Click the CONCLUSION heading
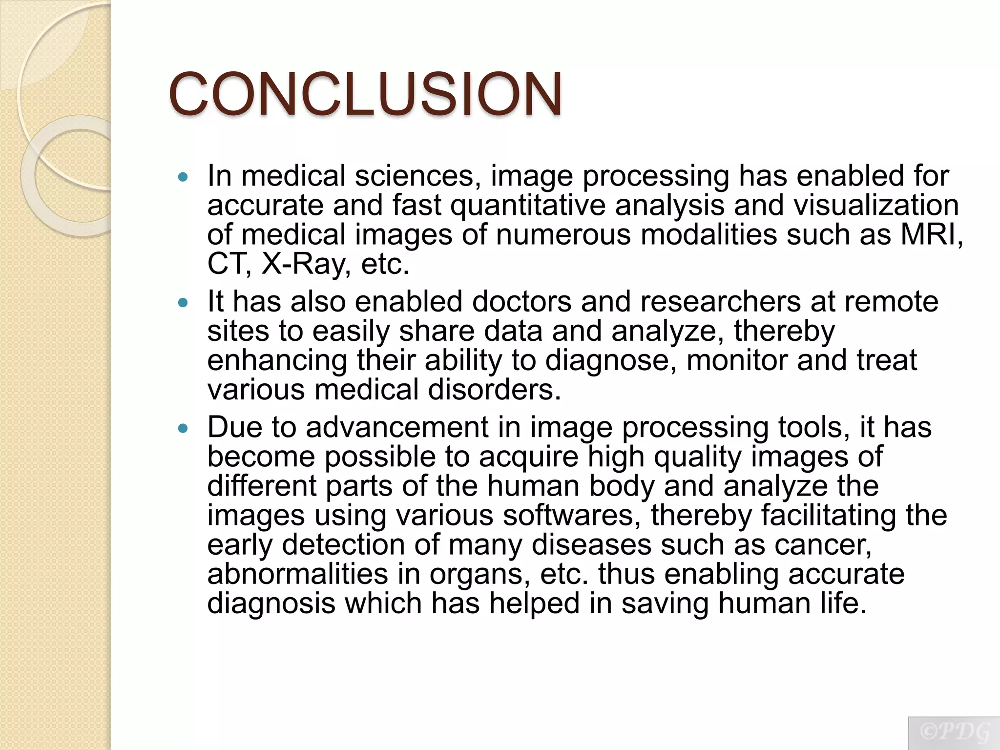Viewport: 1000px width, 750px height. (x=365, y=94)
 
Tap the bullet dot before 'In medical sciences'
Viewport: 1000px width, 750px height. (x=183, y=177)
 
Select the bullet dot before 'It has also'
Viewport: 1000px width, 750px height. (x=183, y=303)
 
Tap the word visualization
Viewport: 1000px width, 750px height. (x=876, y=205)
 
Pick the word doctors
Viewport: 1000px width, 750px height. (x=521, y=301)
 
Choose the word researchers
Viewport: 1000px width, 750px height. (x=720, y=301)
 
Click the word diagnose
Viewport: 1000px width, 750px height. (x=610, y=361)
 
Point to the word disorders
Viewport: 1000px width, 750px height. (x=494, y=390)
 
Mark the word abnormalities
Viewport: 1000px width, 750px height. (x=297, y=574)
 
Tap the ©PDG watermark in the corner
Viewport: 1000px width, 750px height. (x=954, y=732)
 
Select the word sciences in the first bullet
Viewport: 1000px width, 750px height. (x=415, y=176)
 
